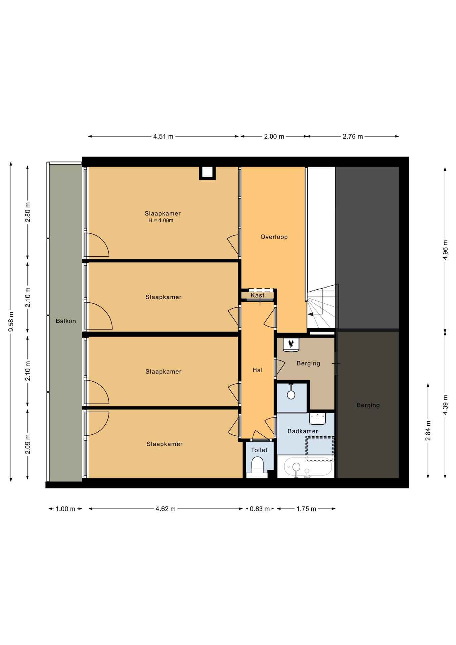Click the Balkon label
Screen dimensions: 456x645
click(66, 321)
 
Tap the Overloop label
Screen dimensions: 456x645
click(274, 237)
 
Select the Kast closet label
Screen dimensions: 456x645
click(258, 295)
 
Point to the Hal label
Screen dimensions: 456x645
click(258, 370)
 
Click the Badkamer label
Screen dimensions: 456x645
click(303, 431)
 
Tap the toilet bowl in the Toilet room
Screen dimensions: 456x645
click(258, 465)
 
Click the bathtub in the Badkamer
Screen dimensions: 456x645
click(306, 467)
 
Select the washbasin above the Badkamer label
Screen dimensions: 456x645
click(317, 419)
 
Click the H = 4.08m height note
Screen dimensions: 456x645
click(161, 220)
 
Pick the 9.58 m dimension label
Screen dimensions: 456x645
click(11, 321)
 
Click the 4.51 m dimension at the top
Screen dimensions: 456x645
click(163, 136)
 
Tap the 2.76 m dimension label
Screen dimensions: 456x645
click(353, 136)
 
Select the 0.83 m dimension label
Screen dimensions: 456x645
click(260, 509)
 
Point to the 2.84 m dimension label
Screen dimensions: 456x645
click(428, 431)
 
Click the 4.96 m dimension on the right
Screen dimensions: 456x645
click(445, 250)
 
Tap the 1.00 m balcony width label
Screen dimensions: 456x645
click(65, 509)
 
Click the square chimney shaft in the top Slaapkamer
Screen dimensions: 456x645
click(207, 173)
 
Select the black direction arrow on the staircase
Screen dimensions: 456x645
click(311, 314)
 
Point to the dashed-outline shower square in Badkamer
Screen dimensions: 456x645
click(320, 449)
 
